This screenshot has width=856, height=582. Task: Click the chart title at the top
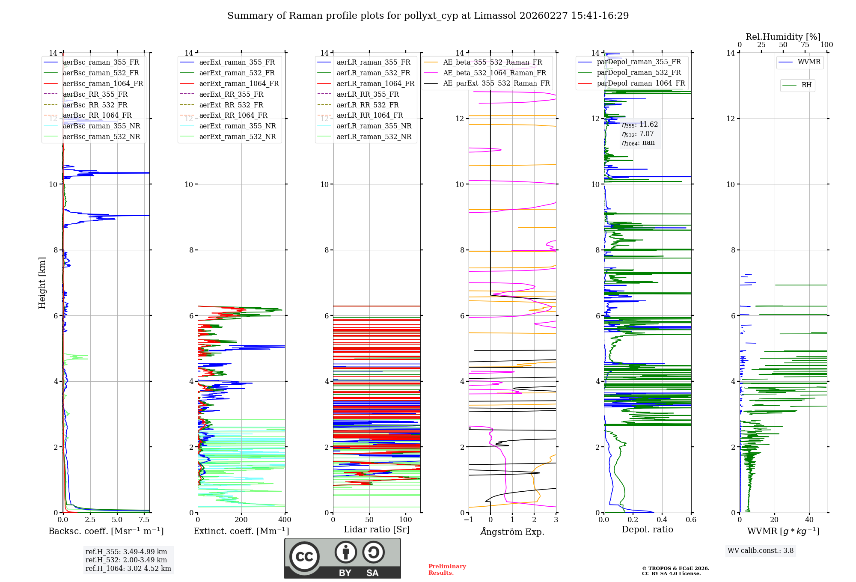pyautogui.click(x=428, y=16)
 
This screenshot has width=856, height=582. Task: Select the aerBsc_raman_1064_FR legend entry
pyautogui.click(x=103, y=83)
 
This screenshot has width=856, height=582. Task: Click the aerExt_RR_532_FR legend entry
pyautogui.click(x=231, y=105)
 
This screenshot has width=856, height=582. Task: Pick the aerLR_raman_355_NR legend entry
pyautogui.click(x=374, y=126)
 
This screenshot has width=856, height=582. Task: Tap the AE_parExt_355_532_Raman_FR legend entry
pyautogui.click(x=496, y=83)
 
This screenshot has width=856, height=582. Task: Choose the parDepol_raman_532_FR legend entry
pyautogui.click(x=639, y=73)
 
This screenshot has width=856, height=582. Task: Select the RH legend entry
pyautogui.click(x=806, y=85)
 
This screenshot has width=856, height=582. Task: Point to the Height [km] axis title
pyautogui.click(x=42, y=282)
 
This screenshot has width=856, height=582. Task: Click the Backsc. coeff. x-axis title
pyautogui.click(x=106, y=531)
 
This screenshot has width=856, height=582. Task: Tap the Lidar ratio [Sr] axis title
pyautogui.click(x=377, y=529)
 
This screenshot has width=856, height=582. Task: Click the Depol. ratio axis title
pyautogui.click(x=647, y=529)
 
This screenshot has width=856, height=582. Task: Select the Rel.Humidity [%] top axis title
pyautogui.click(x=783, y=37)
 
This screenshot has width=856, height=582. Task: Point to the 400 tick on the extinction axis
pyautogui.click(x=285, y=520)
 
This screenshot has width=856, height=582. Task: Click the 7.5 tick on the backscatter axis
pyautogui.click(x=144, y=520)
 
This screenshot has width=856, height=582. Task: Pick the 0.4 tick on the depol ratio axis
pyautogui.click(x=662, y=520)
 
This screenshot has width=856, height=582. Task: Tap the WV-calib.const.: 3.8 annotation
pyautogui.click(x=760, y=550)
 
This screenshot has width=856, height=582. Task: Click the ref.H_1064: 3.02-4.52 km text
pyautogui.click(x=128, y=568)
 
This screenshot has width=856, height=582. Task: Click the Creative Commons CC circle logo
pyautogui.click(x=304, y=556)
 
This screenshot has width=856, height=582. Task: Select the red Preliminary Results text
pyautogui.click(x=447, y=569)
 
